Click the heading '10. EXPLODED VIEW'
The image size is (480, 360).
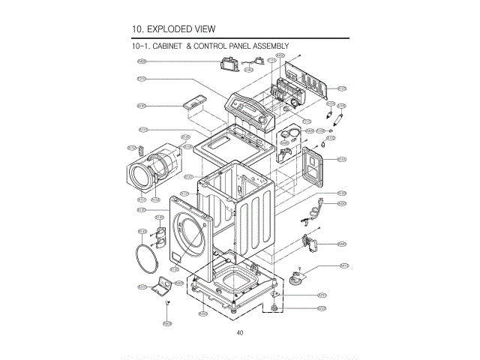tap(173, 29)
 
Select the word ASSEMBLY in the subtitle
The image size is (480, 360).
tap(269, 46)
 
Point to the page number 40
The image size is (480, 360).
tap(239, 332)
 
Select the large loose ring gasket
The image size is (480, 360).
tap(147, 259)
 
